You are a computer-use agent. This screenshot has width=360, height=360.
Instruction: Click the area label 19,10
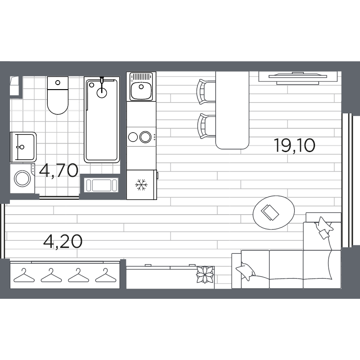point(294,146)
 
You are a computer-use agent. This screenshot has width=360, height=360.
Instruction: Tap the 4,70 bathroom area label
point(58,171)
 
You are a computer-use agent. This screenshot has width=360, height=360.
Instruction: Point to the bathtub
point(102,121)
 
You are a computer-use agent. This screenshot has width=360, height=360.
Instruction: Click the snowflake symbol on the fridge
point(141,184)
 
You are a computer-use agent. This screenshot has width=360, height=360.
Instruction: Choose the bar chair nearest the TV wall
point(206,92)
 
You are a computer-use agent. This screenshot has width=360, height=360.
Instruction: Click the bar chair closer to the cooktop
point(206,126)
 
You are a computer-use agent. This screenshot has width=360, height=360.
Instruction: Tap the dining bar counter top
point(232,110)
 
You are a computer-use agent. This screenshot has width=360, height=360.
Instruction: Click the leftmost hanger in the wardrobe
point(23,274)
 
